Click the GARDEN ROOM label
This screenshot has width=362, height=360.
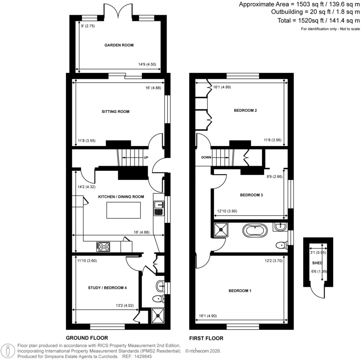(x=119, y=45)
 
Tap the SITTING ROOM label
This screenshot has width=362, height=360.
(x=115, y=112)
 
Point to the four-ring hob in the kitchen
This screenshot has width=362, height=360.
(x=103, y=246)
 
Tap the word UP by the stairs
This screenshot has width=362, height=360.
(x=146, y=157)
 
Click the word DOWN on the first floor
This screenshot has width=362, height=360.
(x=206, y=158)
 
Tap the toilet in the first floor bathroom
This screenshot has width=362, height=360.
(x=282, y=244)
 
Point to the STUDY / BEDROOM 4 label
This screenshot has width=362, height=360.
(x=107, y=288)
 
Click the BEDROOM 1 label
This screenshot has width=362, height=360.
(x=240, y=291)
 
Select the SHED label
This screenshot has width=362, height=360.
(x=315, y=263)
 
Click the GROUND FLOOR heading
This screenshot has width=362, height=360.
(x=87, y=338)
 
